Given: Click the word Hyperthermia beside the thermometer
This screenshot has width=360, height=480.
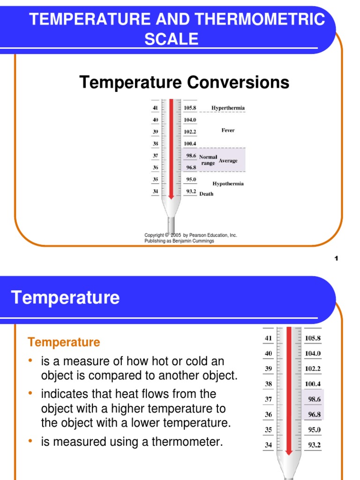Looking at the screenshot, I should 228,108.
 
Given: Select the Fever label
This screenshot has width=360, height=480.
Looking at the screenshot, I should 228,130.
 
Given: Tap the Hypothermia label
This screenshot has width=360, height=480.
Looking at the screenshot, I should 228,184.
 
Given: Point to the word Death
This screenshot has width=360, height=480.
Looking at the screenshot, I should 206,194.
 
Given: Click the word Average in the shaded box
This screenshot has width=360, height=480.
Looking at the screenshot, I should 228,161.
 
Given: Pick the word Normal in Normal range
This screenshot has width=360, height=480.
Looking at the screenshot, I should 208,157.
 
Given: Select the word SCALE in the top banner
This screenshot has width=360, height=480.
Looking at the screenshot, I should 171,39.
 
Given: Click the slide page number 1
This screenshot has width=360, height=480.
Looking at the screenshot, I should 337,260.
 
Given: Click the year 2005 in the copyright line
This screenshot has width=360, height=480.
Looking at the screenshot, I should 176,235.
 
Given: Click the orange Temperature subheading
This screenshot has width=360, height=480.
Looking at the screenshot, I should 64,342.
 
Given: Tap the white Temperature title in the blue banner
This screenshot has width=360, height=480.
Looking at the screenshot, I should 65,298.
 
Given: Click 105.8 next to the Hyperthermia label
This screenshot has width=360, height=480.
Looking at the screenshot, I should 190,108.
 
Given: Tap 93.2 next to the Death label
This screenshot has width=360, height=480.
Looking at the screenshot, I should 190,191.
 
